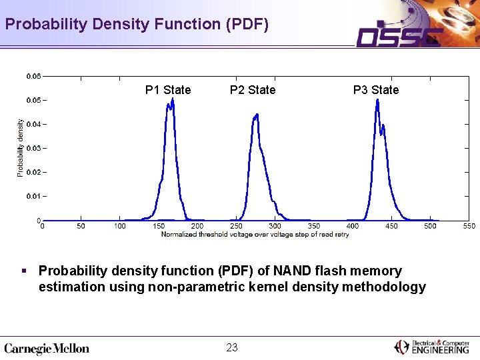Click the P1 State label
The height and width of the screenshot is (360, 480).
[168, 90]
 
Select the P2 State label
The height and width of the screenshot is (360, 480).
[253, 90]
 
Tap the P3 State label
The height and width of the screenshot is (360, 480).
[376, 90]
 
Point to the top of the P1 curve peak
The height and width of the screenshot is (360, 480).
[173, 99]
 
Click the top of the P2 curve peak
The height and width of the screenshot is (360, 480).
[257, 115]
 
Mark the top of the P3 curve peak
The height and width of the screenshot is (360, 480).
[377, 100]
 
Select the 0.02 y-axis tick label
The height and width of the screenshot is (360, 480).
[34, 172]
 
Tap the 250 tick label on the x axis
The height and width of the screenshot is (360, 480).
[236, 226]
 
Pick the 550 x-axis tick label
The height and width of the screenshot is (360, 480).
[469, 226]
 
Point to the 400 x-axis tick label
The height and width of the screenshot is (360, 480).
[353, 226]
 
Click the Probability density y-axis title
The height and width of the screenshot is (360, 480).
[20, 148]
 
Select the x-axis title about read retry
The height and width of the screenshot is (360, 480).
[255, 235]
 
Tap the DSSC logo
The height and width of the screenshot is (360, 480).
[399, 38]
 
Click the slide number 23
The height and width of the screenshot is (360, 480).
[232, 347]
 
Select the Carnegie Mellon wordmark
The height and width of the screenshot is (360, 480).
[47, 349]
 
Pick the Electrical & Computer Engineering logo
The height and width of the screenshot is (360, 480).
[431, 347]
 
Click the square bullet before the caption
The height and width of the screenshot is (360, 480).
[25, 271]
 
